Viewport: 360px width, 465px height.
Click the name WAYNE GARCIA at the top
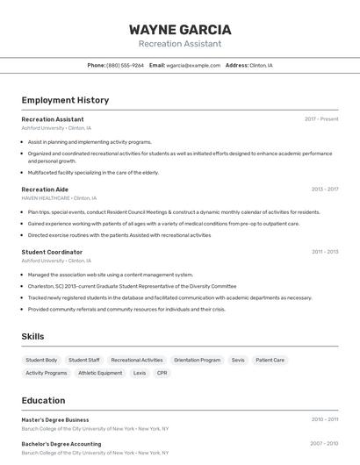(180, 30)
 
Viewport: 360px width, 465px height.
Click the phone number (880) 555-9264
(125, 66)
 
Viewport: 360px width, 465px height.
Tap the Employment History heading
(65, 100)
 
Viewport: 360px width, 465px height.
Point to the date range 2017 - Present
(321, 119)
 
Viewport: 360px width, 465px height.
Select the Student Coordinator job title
(52, 252)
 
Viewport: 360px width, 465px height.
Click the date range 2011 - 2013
(325, 252)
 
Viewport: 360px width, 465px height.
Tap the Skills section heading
(32, 336)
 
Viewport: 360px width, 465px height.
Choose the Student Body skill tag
(41, 360)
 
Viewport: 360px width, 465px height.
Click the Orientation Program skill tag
(197, 360)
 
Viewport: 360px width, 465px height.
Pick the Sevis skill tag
(238, 360)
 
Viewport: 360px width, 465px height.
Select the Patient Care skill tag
(270, 360)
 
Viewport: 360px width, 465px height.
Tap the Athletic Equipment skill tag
(100, 373)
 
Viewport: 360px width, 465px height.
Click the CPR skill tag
(162, 373)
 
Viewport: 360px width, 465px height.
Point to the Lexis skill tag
(140, 373)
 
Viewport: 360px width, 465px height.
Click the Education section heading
(43, 400)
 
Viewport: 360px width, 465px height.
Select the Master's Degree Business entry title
(55, 419)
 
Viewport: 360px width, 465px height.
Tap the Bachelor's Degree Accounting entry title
(61, 444)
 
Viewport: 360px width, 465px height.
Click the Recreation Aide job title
(45, 190)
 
